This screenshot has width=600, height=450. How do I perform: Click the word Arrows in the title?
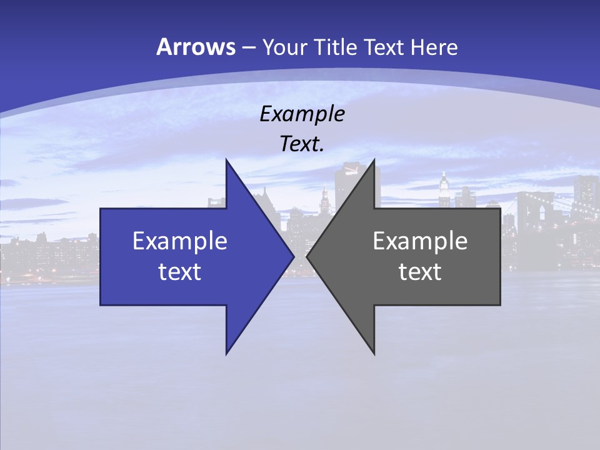click(x=195, y=47)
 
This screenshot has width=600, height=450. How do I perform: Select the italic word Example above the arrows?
click(x=302, y=114)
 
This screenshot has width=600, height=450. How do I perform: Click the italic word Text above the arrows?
click(x=299, y=144)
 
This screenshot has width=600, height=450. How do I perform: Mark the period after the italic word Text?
click(x=322, y=151)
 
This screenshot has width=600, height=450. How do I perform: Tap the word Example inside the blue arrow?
click(x=180, y=241)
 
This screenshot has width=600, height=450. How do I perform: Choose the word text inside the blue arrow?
click(x=180, y=271)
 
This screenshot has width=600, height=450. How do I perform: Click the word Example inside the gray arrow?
click(x=420, y=241)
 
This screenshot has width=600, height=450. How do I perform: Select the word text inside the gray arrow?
click(x=420, y=271)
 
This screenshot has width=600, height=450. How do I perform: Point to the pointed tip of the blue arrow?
click(x=294, y=256)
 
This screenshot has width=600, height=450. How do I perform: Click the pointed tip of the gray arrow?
click(x=307, y=256)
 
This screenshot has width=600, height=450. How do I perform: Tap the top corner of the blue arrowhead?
click(x=226, y=160)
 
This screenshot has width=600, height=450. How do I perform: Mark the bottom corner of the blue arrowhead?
click(x=226, y=354)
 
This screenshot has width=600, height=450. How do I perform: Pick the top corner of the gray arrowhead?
click(x=374, y=160)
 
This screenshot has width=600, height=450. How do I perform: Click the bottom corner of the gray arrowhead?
click(x=374, y=354)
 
